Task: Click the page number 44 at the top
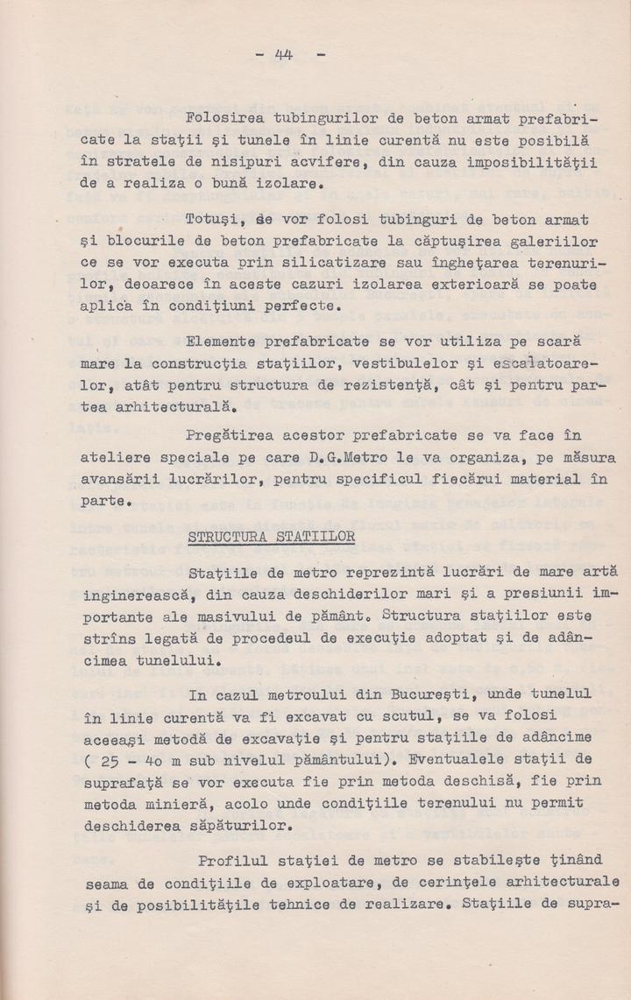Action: click(283, 54)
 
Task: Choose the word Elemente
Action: click(219, 340)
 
